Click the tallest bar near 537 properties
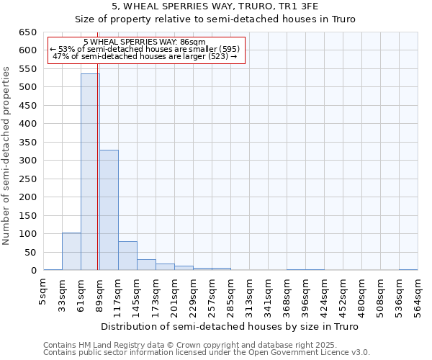90,172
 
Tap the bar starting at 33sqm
71,251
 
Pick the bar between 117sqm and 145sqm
127,256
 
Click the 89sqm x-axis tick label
99,292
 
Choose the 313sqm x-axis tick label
249,294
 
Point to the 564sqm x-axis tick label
418,294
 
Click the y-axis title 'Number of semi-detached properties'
7,156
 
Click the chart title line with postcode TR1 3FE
215,6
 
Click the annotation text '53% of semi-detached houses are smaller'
149,49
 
